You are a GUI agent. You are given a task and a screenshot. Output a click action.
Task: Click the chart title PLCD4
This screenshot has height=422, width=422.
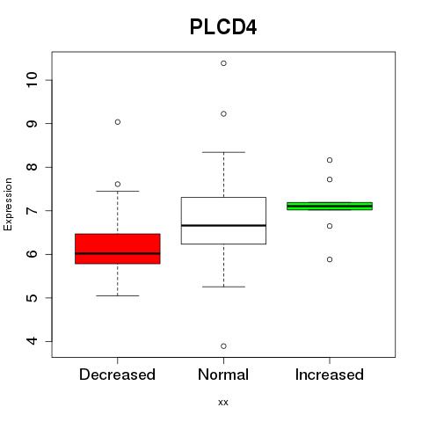point(223,27)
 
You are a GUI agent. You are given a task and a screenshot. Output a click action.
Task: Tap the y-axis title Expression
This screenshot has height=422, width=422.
point(8,204)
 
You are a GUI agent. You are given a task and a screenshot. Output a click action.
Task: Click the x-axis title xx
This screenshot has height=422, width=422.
point(223,402)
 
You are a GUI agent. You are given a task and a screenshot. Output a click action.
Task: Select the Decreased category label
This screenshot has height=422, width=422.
point(117,375)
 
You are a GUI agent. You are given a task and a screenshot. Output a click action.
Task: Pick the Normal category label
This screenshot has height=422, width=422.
point(223,375)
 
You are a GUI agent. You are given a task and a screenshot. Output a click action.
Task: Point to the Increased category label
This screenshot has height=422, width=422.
point(330,375)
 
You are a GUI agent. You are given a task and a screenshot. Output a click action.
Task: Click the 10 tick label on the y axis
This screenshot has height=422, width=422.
point(33,80)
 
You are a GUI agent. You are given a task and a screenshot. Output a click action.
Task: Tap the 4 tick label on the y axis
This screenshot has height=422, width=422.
point(33,341)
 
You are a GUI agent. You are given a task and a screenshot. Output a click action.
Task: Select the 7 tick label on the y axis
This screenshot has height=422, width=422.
point(33,210)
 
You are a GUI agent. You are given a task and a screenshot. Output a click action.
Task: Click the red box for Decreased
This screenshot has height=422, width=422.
point(118,249)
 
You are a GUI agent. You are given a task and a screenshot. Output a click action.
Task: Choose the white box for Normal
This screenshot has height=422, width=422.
point(223,221)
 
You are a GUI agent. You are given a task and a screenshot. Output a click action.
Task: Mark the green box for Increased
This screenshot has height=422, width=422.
point(330,207)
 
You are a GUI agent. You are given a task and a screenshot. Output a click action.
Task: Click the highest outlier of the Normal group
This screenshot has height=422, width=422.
point(223,63)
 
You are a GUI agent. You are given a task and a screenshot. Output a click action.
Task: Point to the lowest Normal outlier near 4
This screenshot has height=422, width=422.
point(223,346)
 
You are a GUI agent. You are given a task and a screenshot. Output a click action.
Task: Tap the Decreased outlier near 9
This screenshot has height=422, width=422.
point(118,122)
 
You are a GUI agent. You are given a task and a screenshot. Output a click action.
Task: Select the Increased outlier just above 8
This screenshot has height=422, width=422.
point(330,160)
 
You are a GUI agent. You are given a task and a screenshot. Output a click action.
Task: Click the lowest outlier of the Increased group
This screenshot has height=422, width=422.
point(330,259)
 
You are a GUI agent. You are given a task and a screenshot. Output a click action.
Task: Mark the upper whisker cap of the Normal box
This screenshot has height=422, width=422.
point(223,152)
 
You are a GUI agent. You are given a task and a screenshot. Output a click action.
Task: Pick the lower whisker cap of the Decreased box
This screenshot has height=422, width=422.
point(118,295)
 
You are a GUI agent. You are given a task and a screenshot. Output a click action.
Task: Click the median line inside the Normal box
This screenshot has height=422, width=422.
point(223,225)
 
